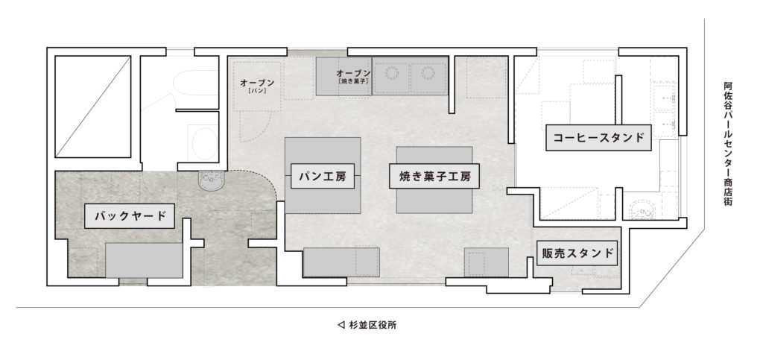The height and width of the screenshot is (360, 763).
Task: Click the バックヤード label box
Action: pyautogui.click(x=130, y=216)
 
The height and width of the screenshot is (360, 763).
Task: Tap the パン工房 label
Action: pyautogui.click(x=322, y=176)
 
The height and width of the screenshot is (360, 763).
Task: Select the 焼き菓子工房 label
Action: pyautogui.click(x=434, y=176)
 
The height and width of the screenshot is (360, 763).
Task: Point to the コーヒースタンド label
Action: pyautogui.click(x=598, y=138)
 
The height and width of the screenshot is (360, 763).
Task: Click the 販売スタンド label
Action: pyautogui.click(x=577, y=253)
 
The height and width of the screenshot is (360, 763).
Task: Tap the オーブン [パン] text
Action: pyautogui.click(x=257, y=86)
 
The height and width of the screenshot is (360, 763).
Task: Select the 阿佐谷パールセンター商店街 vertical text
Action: pyautogui.click(x=727, y=143)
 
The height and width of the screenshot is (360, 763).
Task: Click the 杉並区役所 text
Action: pyautogui.click(x=373, y=325)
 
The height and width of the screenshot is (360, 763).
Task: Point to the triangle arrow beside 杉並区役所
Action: pyautogui.click(x=341, y=325)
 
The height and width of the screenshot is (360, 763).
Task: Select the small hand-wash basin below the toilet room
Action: pyautogui.click(x=211, y=180)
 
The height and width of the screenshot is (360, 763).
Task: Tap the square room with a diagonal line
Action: pyautogui.click(x=93, y=107)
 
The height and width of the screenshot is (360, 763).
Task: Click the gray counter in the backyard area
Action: pyautogui.click(x=144, y=260)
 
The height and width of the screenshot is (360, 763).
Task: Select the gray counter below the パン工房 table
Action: pyautogui.click(x=341, y=262)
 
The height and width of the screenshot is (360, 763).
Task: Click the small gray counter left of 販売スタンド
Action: pyautogui.click(x=486, y=262)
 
